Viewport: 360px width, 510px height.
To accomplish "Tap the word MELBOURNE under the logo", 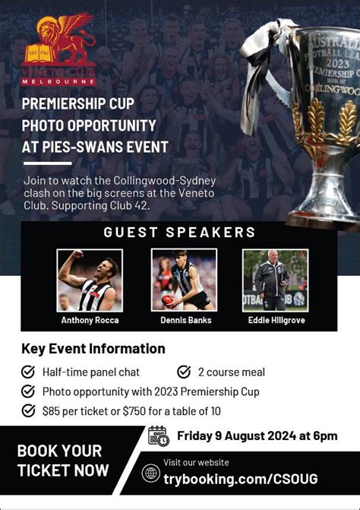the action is click(x=58, y=81).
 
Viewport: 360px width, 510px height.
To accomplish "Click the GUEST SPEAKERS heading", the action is click(x=179, y=233).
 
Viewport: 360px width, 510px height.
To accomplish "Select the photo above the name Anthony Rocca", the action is click(x=90, y=280).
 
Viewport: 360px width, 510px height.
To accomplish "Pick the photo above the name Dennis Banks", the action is click(x=184, y=280).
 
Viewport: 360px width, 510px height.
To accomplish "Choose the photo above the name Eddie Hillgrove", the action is click(x=275, y=280).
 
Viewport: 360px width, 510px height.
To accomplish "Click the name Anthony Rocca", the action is click(x=90, y=320).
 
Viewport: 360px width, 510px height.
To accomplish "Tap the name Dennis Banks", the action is click(x=186, y=320).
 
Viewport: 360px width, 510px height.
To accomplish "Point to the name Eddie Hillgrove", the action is click(x=276, y=320).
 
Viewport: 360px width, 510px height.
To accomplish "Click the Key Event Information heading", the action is click(x=93, y=349).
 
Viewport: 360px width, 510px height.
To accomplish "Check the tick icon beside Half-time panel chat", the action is click(x=28, y=372).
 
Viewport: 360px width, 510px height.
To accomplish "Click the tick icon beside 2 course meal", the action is click(x=184, y=372).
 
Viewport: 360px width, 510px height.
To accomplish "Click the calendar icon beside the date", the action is click(x=159, y=436).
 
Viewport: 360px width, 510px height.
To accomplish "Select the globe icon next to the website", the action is click(x=151, y=473).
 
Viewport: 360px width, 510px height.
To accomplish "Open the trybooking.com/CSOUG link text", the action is click(x=241, y=478).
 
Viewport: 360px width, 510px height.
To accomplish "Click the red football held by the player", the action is click(x=169, y=300).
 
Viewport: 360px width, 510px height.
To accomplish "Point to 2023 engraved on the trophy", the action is click(x=338, y=63).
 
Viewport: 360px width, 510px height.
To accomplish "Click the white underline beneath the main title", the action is click(x=47, y=163).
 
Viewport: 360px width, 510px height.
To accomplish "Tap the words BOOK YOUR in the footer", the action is click(x=59, y=451).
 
